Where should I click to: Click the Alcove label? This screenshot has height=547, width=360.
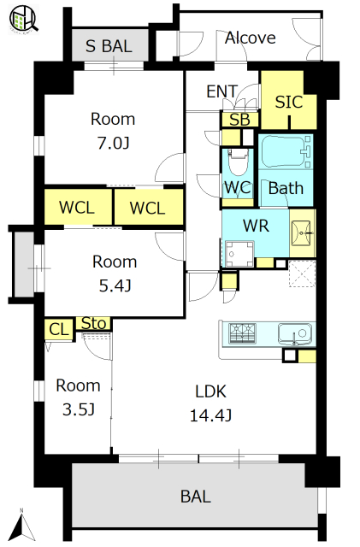click(250, 38)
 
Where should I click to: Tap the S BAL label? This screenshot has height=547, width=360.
click(109, 46)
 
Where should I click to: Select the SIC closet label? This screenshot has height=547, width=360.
click(289, 102)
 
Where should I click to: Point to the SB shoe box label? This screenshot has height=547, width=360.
click(239, 120)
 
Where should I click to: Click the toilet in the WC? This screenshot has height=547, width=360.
click(238, 161)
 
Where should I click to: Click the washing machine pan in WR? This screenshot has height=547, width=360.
click(239, 254)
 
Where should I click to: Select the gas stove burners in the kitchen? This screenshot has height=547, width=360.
click(242, 333)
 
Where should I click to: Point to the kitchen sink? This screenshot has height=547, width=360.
click(295, 334)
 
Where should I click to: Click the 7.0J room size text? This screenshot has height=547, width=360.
click(113, 143)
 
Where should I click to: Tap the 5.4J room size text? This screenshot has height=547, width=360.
click(115, 286)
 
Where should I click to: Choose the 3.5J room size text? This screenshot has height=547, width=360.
click(79, 409)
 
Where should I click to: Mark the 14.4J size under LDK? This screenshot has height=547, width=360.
click(210, 415)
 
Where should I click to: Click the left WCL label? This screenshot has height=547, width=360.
click(77, 208)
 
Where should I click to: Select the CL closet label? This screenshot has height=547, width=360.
click(59, 329)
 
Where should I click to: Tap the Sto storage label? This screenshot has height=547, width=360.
click(93, 323)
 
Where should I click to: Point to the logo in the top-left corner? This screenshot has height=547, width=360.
click(24, 19)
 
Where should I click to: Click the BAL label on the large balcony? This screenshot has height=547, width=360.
click(196, 497)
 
